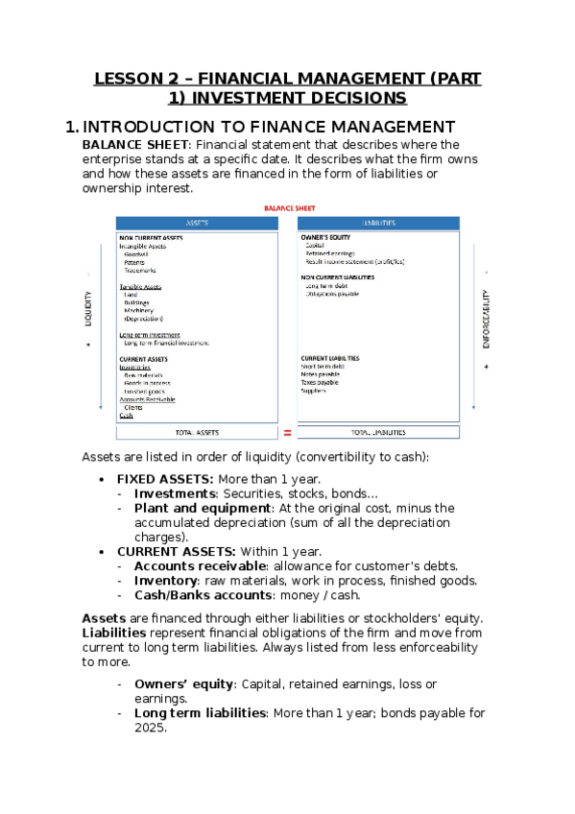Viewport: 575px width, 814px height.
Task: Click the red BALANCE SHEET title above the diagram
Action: [289, 207]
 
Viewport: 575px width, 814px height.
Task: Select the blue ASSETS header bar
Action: [197, 223]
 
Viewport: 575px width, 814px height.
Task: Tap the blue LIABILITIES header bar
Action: [378, 223]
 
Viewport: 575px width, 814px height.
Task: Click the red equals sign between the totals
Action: [287, 433]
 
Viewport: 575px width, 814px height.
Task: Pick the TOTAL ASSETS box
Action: [197, 433]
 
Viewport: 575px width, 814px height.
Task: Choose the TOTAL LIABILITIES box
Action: [378, 433]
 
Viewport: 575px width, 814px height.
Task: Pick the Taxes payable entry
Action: [322, 382]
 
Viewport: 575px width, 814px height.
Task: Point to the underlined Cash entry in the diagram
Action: [126, 416]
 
